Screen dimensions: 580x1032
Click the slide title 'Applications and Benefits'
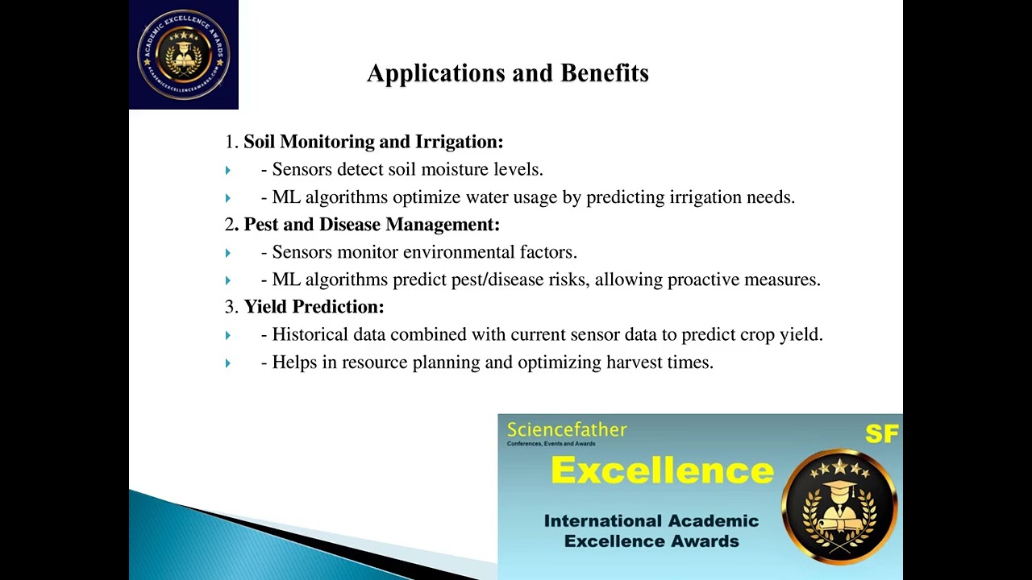508,73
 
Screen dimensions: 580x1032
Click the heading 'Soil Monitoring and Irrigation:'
373,142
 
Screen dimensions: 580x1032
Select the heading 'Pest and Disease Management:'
372,225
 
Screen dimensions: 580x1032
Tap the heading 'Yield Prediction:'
314,307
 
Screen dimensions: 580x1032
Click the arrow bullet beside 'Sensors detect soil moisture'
228,170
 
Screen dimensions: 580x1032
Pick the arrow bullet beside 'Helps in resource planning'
228,363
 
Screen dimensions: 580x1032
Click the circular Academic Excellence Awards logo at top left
184,55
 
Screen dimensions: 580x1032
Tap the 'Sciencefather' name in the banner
566,430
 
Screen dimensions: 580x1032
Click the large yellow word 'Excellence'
662,470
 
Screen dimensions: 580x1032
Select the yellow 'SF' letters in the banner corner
881,434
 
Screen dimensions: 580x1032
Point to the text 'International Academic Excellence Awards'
651,531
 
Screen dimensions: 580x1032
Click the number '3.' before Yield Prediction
231,307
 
